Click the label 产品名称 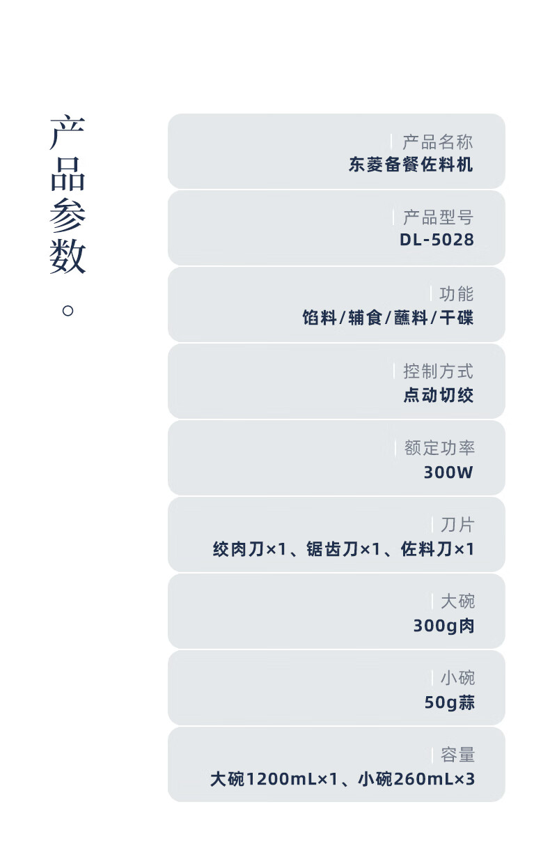438,142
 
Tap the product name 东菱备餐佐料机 411,165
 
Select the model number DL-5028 437,240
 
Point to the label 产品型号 438,217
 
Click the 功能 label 457,294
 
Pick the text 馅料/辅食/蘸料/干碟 388,318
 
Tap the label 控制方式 438,371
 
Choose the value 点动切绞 439,395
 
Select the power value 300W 448,472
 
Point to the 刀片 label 457,524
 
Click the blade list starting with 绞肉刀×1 343,549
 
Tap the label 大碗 457,601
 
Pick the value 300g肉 443,626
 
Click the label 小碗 457,677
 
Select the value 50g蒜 449,702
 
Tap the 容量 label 457,754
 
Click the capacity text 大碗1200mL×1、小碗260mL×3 343,779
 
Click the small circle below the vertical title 68,310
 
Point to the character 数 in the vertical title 68,258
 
